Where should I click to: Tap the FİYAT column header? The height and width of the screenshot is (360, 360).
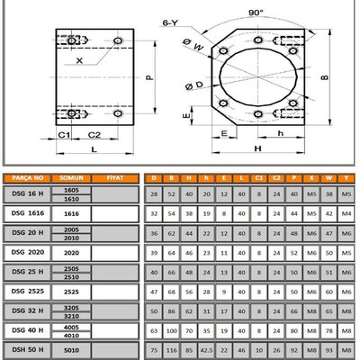tap(113, 178)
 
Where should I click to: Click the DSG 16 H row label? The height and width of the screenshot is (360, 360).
tap(25, 193)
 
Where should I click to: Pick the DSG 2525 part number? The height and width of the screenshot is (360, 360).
tap(25, 292)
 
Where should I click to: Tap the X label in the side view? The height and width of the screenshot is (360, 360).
tap(80, 59)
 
